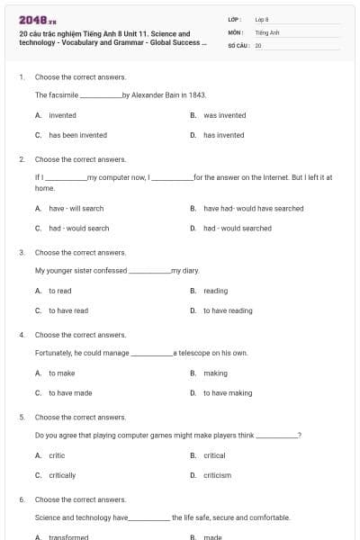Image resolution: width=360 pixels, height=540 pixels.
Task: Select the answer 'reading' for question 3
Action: click(x=215, y=291)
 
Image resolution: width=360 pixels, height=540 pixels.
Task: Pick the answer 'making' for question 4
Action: click(x=215, y=373)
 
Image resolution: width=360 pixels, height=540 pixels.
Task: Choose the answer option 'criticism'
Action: click(x=217, y=475)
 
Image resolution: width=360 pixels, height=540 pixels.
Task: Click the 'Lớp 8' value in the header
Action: click(x=262, y=19)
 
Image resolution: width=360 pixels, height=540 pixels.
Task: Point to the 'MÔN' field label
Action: click(x=236, y=31)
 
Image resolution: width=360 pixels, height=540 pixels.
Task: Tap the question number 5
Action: click(x=22, y=418)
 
